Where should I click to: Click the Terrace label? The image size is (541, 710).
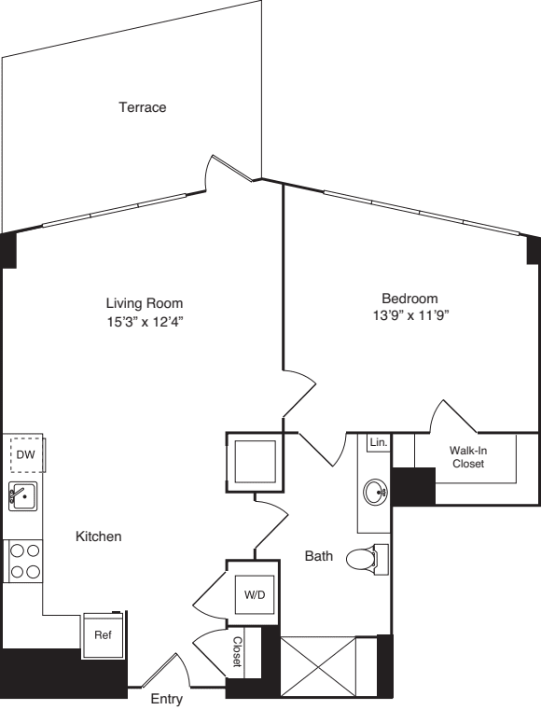(x=142, y=107)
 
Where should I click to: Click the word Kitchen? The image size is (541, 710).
(x=100, y=536)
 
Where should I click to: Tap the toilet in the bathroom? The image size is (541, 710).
(x=363, y=559)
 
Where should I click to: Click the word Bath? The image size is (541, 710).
(x=319, y=556)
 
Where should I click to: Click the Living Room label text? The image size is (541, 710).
(x=144, y=303)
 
